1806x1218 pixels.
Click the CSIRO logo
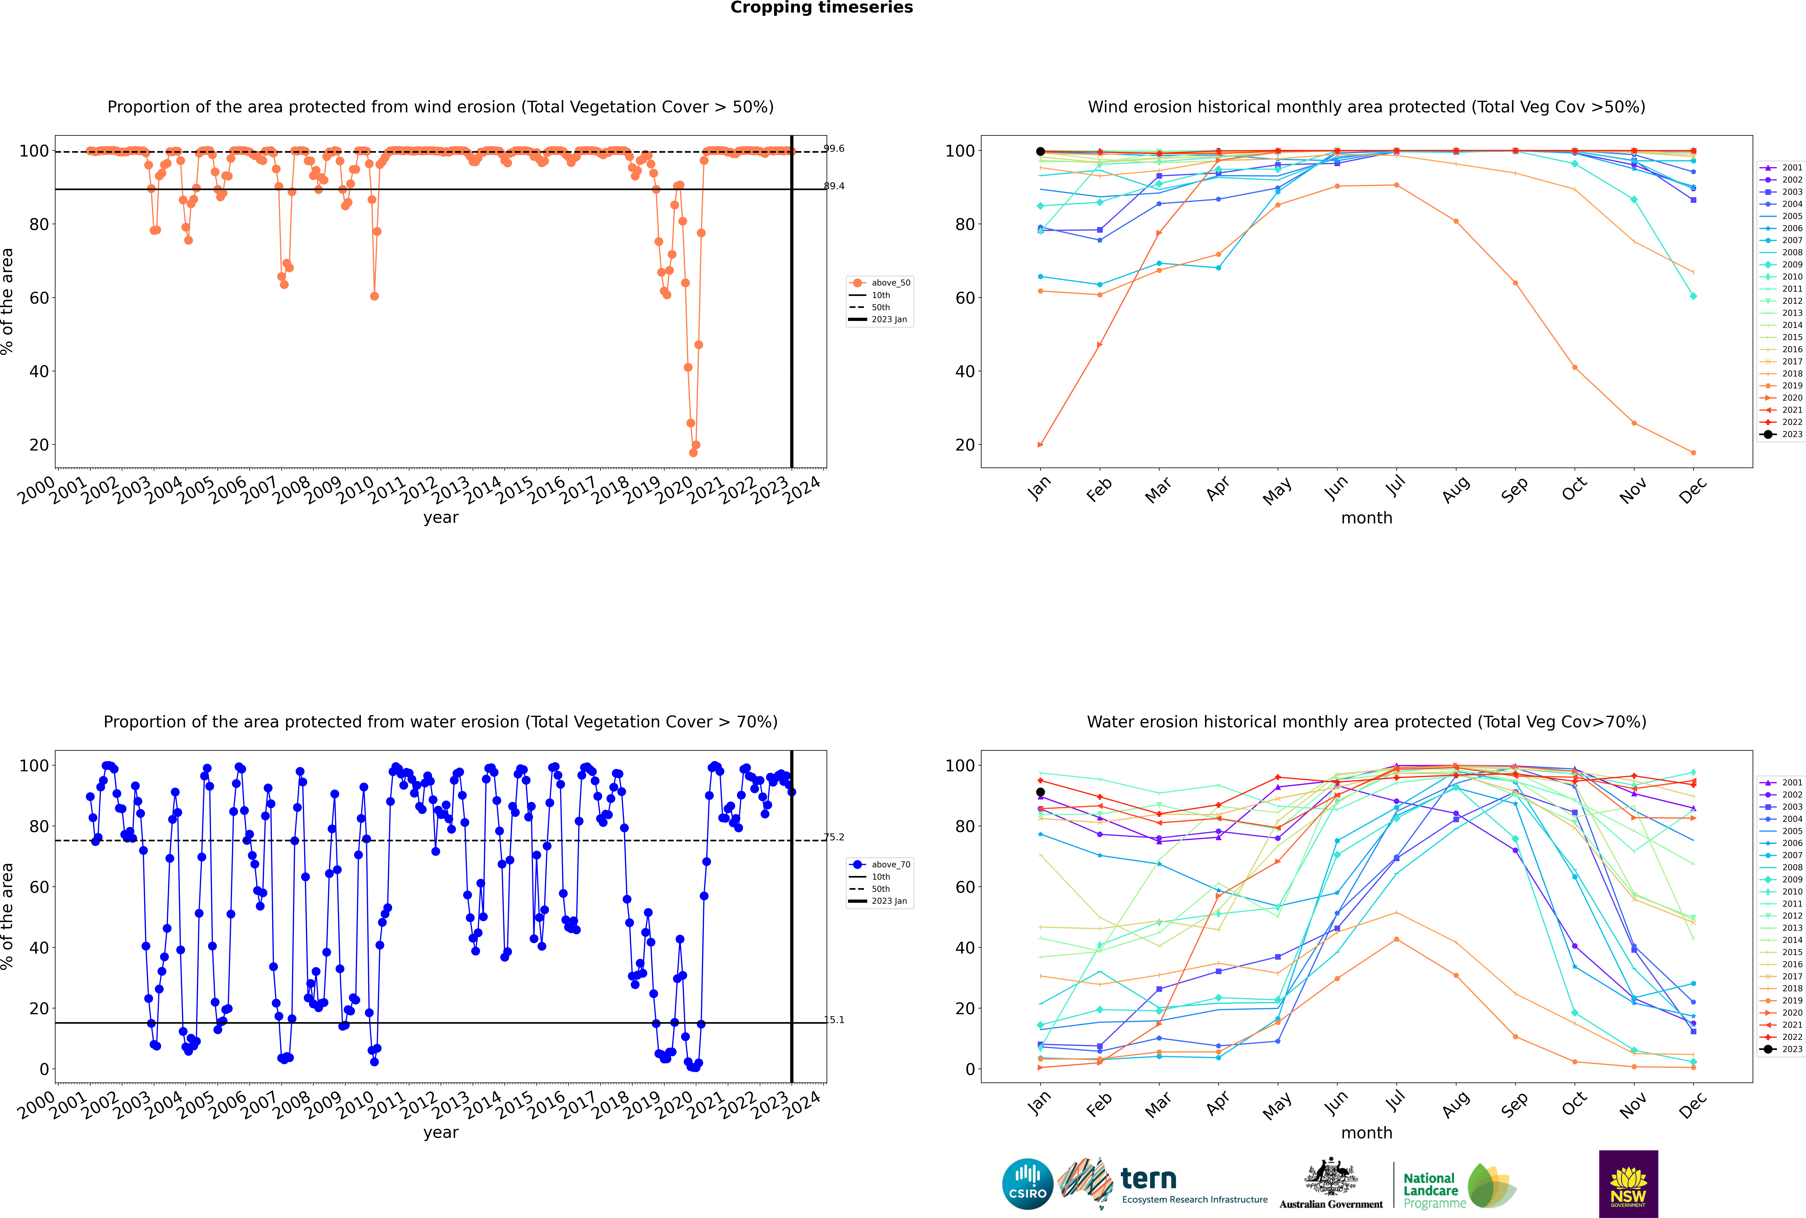click(x=1027, y=1185)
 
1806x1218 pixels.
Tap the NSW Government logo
click(x=1628, y=1183)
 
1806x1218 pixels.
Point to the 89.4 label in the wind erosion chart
click(x=834, y=186)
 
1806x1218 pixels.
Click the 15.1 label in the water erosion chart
click(x=834, y=1020)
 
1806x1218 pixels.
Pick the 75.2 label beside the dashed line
click(x=834, y=837)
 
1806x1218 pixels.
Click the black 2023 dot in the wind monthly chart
click(x=1040, y=152)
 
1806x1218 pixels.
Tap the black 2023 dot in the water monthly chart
click(x=1040, y=792)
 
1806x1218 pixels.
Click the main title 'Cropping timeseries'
click(x=821, y=8)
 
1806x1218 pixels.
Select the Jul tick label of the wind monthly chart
click(x=1395, y=487)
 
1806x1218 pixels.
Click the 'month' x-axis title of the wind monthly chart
click(x=1366, y=518)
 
